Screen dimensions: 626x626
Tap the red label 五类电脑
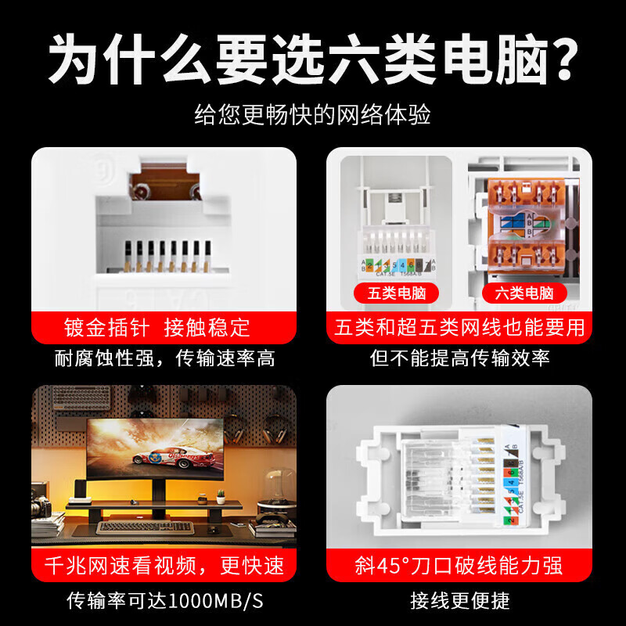click(x=397, y=293)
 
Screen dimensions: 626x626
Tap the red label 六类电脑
click(x=524, y=293)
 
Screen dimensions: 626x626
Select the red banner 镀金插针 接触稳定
click(x=164, y=326)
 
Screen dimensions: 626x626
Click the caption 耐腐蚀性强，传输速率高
click(x=164, y=359)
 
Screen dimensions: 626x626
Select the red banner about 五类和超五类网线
click(x=459, y=326)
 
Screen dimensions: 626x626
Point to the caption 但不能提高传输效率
click(x=459, y=359)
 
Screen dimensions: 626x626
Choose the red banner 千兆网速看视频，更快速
click(x=164, y=565)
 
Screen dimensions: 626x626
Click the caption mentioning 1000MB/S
click(x=164, y=601)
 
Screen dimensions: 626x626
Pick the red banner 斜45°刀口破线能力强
click(x=459, y=565)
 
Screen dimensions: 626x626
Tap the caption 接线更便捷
click(x=459, y=601)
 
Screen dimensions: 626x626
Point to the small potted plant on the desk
click(x=221, y=496)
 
